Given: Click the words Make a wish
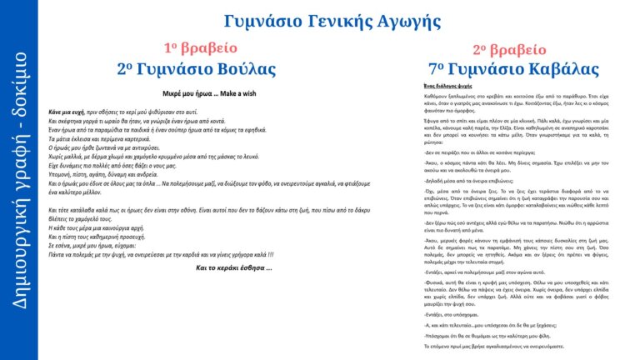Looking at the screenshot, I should pyautogui.click(x=237, y=95).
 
